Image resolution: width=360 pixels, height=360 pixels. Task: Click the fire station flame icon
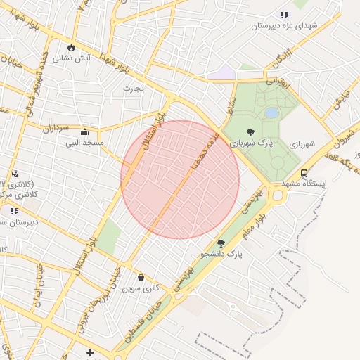(71, 46)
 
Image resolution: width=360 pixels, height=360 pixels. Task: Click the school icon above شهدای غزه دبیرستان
(284, 15)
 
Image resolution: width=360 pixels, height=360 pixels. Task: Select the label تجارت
(133, 89)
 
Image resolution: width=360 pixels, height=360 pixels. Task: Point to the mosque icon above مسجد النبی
(85, 131)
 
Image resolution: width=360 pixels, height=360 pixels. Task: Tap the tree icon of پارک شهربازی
(250, 131)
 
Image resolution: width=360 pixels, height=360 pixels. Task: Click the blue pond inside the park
(271, 112)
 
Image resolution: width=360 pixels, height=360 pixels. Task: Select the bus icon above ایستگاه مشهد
(304, 173)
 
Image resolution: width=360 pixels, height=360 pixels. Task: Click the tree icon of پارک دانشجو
(221, 243)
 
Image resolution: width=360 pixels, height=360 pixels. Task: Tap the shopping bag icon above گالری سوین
(141, 277)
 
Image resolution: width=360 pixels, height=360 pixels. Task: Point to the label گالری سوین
(141, 288)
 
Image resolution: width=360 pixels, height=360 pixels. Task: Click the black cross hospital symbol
(89, 352)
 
